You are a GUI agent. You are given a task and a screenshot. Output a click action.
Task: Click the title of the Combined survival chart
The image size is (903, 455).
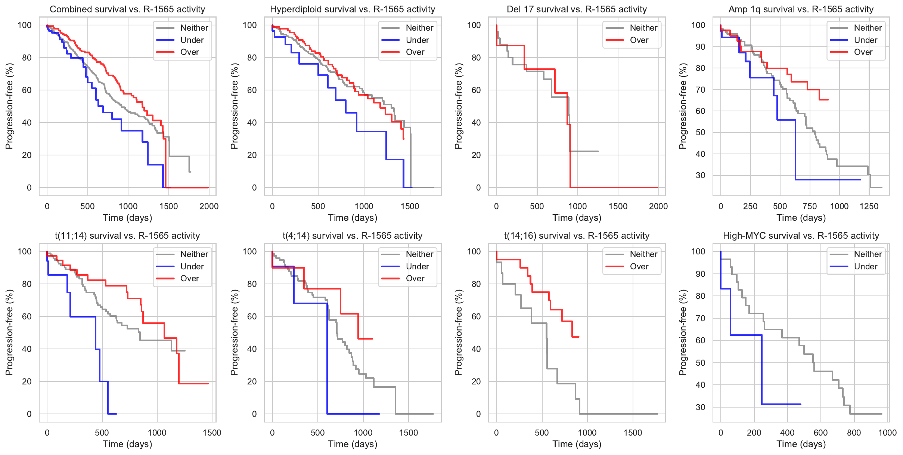pyautogui.click(x=127, y=9)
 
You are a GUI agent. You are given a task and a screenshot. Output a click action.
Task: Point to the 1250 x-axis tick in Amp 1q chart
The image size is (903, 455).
pyautogui.click(x=869, y=206)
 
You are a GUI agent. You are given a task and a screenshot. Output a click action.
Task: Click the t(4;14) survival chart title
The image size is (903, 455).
pyautogui.click(x=353, y=236)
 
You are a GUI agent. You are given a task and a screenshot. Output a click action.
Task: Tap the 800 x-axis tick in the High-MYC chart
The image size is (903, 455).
pyautogui.click(x=854, y=433)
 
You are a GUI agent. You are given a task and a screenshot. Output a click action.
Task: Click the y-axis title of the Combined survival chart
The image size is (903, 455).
pyautogui.click(x=9, y=106)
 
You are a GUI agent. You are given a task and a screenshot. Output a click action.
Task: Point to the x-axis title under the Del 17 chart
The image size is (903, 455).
pyautogui.click(x=577, y=218)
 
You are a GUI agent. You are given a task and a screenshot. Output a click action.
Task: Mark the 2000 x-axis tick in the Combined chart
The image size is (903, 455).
pyautogui.click(x=209, y=206)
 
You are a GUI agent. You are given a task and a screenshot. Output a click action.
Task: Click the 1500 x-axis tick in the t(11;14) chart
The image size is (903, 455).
pyautogui.click(x=212, y=433)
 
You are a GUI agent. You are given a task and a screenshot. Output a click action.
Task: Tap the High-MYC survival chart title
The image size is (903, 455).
pyautogui.click(x=801, y=236)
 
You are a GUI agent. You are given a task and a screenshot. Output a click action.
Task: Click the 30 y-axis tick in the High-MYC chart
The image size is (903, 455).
pyautogui.click(x=701, y=407)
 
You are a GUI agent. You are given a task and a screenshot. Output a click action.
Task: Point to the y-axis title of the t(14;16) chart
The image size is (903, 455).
pyautogui.click(x=458, y=332)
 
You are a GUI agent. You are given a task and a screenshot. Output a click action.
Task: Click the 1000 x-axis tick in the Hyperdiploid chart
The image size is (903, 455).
pyautogui.click(x=364, y=206)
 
